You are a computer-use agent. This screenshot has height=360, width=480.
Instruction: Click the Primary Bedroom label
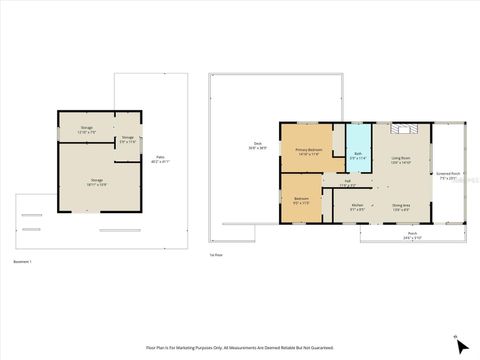(307, 151)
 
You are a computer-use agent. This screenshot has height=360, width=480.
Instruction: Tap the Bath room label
(358, 154)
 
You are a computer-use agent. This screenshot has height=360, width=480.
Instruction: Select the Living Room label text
(402, 159)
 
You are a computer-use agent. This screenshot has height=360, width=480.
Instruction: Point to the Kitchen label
(357, 206)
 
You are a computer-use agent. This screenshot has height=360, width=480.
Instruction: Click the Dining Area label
(402, 206)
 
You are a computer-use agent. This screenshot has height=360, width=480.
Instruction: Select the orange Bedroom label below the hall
(301, 199)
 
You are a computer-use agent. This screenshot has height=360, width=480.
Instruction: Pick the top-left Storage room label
(87, 129)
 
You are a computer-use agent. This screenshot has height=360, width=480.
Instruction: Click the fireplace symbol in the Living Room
(404, 131)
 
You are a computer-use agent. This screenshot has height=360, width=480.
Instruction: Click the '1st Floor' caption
(215, 255)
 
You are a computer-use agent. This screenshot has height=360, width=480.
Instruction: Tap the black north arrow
(460, 346)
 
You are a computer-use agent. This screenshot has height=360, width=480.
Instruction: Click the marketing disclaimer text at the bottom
(239, 348)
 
